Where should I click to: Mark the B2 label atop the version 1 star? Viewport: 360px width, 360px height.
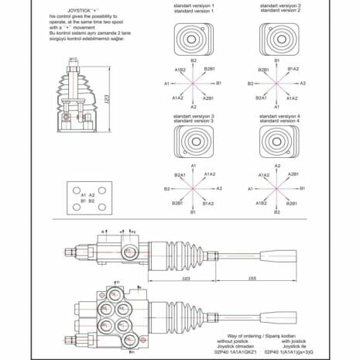(x=194, y=60)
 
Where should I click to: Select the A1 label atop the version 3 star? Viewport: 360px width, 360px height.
(x=194, y=166)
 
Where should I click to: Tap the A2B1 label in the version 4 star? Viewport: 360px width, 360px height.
(x=293, y=176)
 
